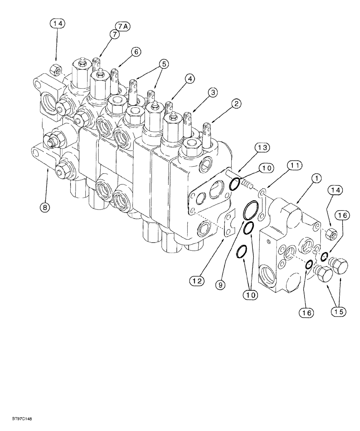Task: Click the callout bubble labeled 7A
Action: pyautogui.click(x=122, y=27)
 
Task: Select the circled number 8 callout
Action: pyautogui.click(x=45, y=207)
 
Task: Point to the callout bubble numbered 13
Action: pyautogui.click(x=262, y=147)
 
